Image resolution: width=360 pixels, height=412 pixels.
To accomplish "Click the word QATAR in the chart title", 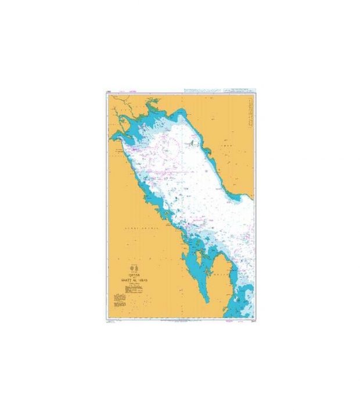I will pos(135,275).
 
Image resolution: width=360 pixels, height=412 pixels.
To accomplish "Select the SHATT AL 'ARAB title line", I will pos(135,280).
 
